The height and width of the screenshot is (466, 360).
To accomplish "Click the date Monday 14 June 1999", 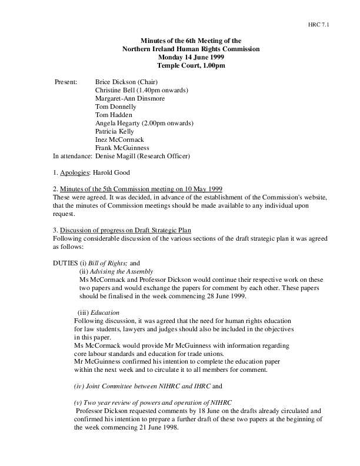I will [191, 57].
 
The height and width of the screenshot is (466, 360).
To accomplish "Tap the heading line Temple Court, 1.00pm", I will [191, 65].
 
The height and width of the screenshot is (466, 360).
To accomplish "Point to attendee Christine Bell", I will [116, 90].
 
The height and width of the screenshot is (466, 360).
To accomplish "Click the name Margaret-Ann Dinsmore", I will [130, 98].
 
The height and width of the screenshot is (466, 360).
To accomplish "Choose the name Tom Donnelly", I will [115, 106].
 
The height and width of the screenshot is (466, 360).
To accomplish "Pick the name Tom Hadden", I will [112, 115].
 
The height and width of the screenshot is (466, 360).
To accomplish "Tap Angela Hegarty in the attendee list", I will [116, 123].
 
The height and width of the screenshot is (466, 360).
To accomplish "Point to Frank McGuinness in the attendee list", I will [122, 148].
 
